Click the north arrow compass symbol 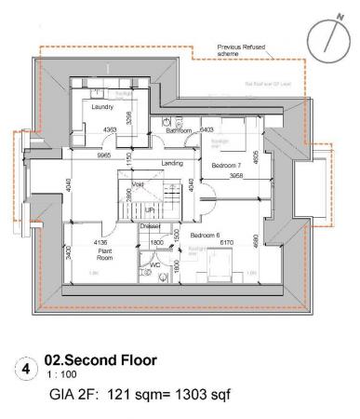click(328, 34)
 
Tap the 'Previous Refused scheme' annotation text click(242, 48)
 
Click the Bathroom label click(179, 132)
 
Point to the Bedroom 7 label click(226, 165)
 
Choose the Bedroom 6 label click(207, 236)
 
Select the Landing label click(172, 164)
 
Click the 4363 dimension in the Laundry click(110, 129)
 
